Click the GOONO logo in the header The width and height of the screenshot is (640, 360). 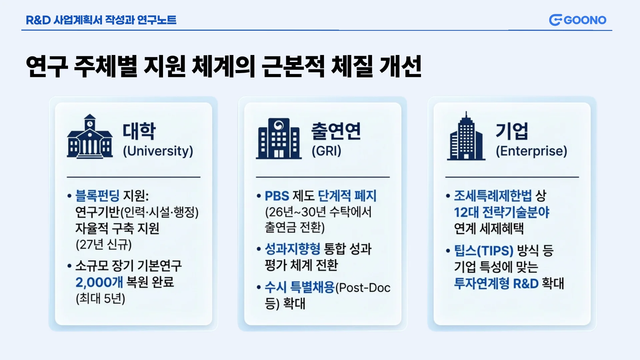(x=577, y=20)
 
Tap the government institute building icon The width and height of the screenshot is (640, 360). (x=279, y=138)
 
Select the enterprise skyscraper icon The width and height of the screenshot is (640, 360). (x=466, y=136)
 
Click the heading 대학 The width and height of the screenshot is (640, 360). (x=139, y=131)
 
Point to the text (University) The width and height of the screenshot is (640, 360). (x=158, y=151)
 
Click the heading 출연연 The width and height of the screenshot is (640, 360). (x=336, y=131)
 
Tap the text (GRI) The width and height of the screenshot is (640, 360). (x=326, y=151)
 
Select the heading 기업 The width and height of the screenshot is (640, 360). (x=512, y=131)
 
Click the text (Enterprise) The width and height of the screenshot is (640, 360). (x=531, y=151)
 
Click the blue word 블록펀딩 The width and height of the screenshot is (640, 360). (x=97, y=195)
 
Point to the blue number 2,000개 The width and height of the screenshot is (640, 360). (x=99, y=282)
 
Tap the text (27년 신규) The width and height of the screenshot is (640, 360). (x=104, y=244)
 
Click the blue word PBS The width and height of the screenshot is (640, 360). (x=277, y=196)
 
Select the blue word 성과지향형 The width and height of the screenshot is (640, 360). (x=292, y=249)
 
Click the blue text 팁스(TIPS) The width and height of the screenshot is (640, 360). (x=484, y=250)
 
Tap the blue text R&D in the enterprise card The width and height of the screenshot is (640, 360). (x=526, y=283)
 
